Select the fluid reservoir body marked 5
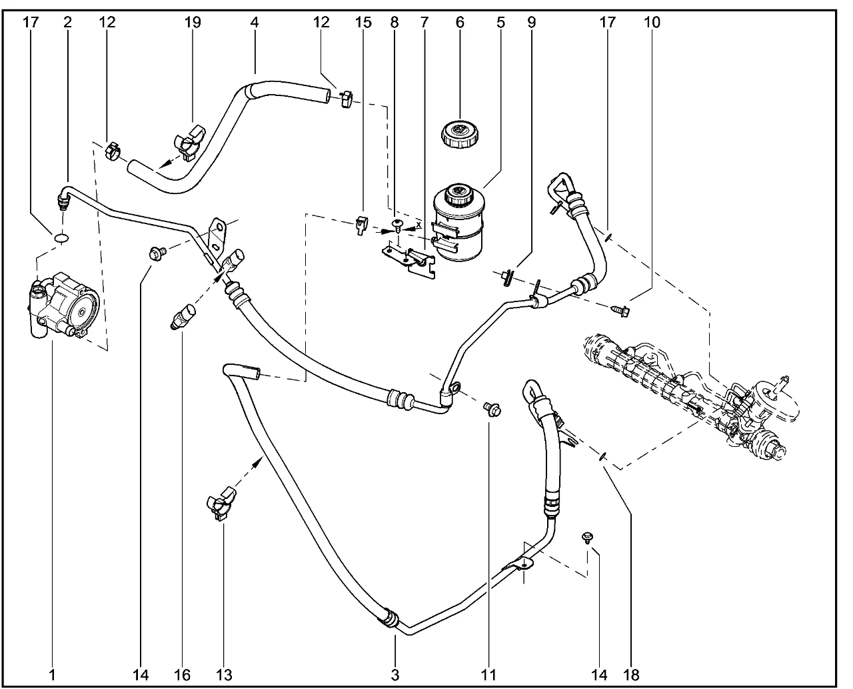[x=458, y=220]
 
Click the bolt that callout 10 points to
[x=621, y=309]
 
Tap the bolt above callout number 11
[x=492, y=408]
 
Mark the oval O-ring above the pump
[x=60, y=237]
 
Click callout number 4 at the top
[x=254, y=22]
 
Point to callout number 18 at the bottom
[x=632, y=675]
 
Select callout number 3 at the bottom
[x=395, y=675]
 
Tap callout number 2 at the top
[x=67, y=22]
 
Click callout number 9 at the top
[x=531, y=22]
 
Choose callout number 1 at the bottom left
[x=51, y=675]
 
